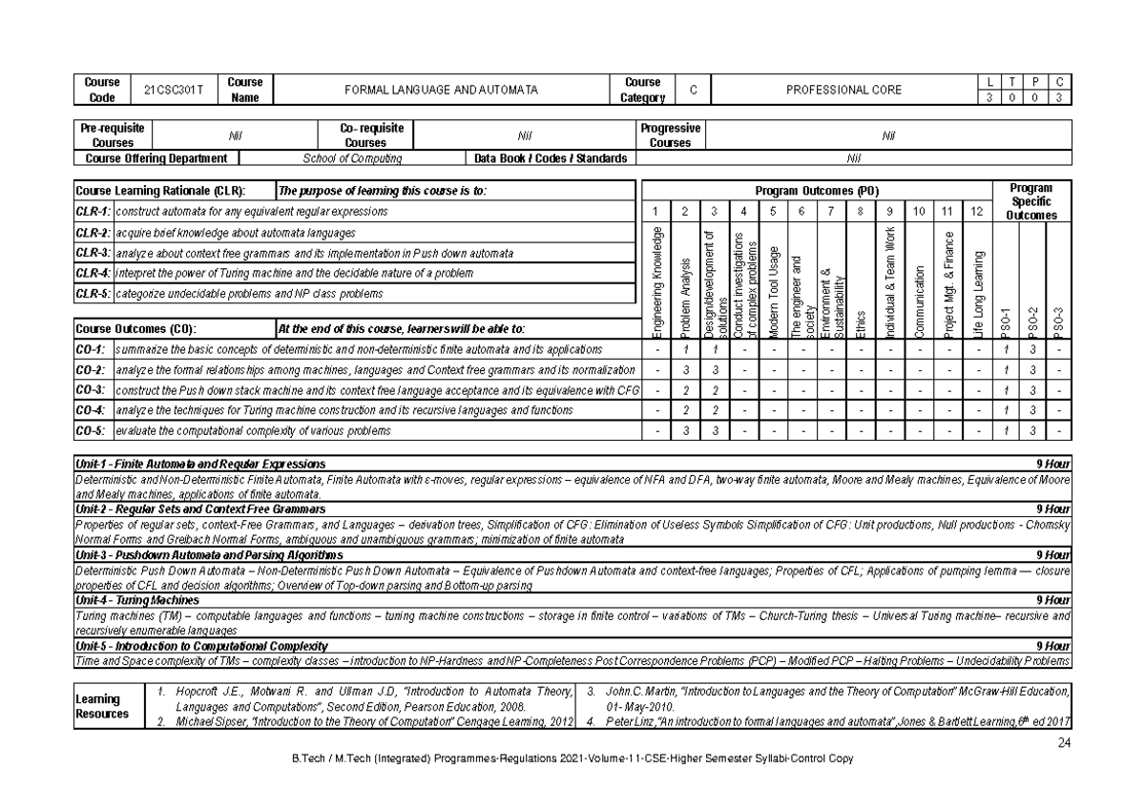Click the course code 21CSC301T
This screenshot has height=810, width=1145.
[175, 90]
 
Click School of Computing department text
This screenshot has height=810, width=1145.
[352, 158]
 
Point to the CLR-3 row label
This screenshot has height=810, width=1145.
[93, 254]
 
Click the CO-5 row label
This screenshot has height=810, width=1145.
[93, 431]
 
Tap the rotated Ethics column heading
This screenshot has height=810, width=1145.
[862, 322]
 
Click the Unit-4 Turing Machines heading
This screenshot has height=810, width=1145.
[138, 601]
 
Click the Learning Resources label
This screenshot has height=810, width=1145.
[102, 706]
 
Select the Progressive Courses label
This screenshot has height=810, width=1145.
[670, 135]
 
